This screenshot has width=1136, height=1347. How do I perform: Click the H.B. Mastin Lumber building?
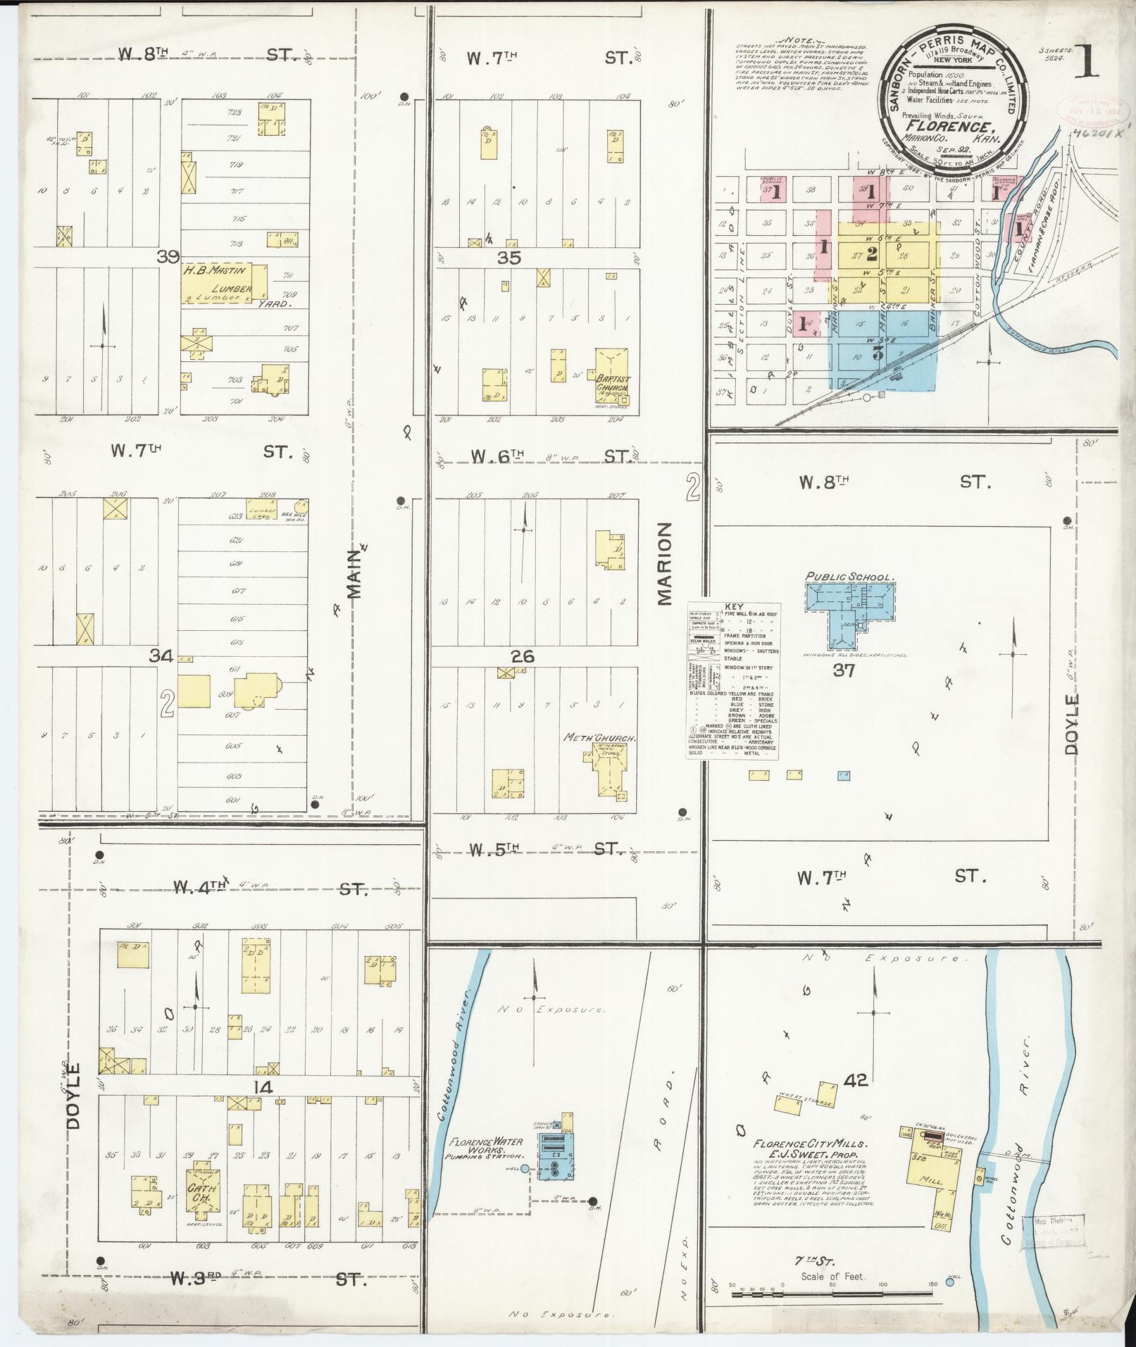[224, 284]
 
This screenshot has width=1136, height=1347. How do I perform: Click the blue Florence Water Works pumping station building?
[556, 1153]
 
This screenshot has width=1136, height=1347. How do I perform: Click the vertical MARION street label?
[665, 563]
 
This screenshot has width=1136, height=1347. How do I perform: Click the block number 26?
[522, 656]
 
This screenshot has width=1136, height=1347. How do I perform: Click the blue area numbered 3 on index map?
[878, 354]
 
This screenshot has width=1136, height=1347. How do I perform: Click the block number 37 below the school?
[843, 670]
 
